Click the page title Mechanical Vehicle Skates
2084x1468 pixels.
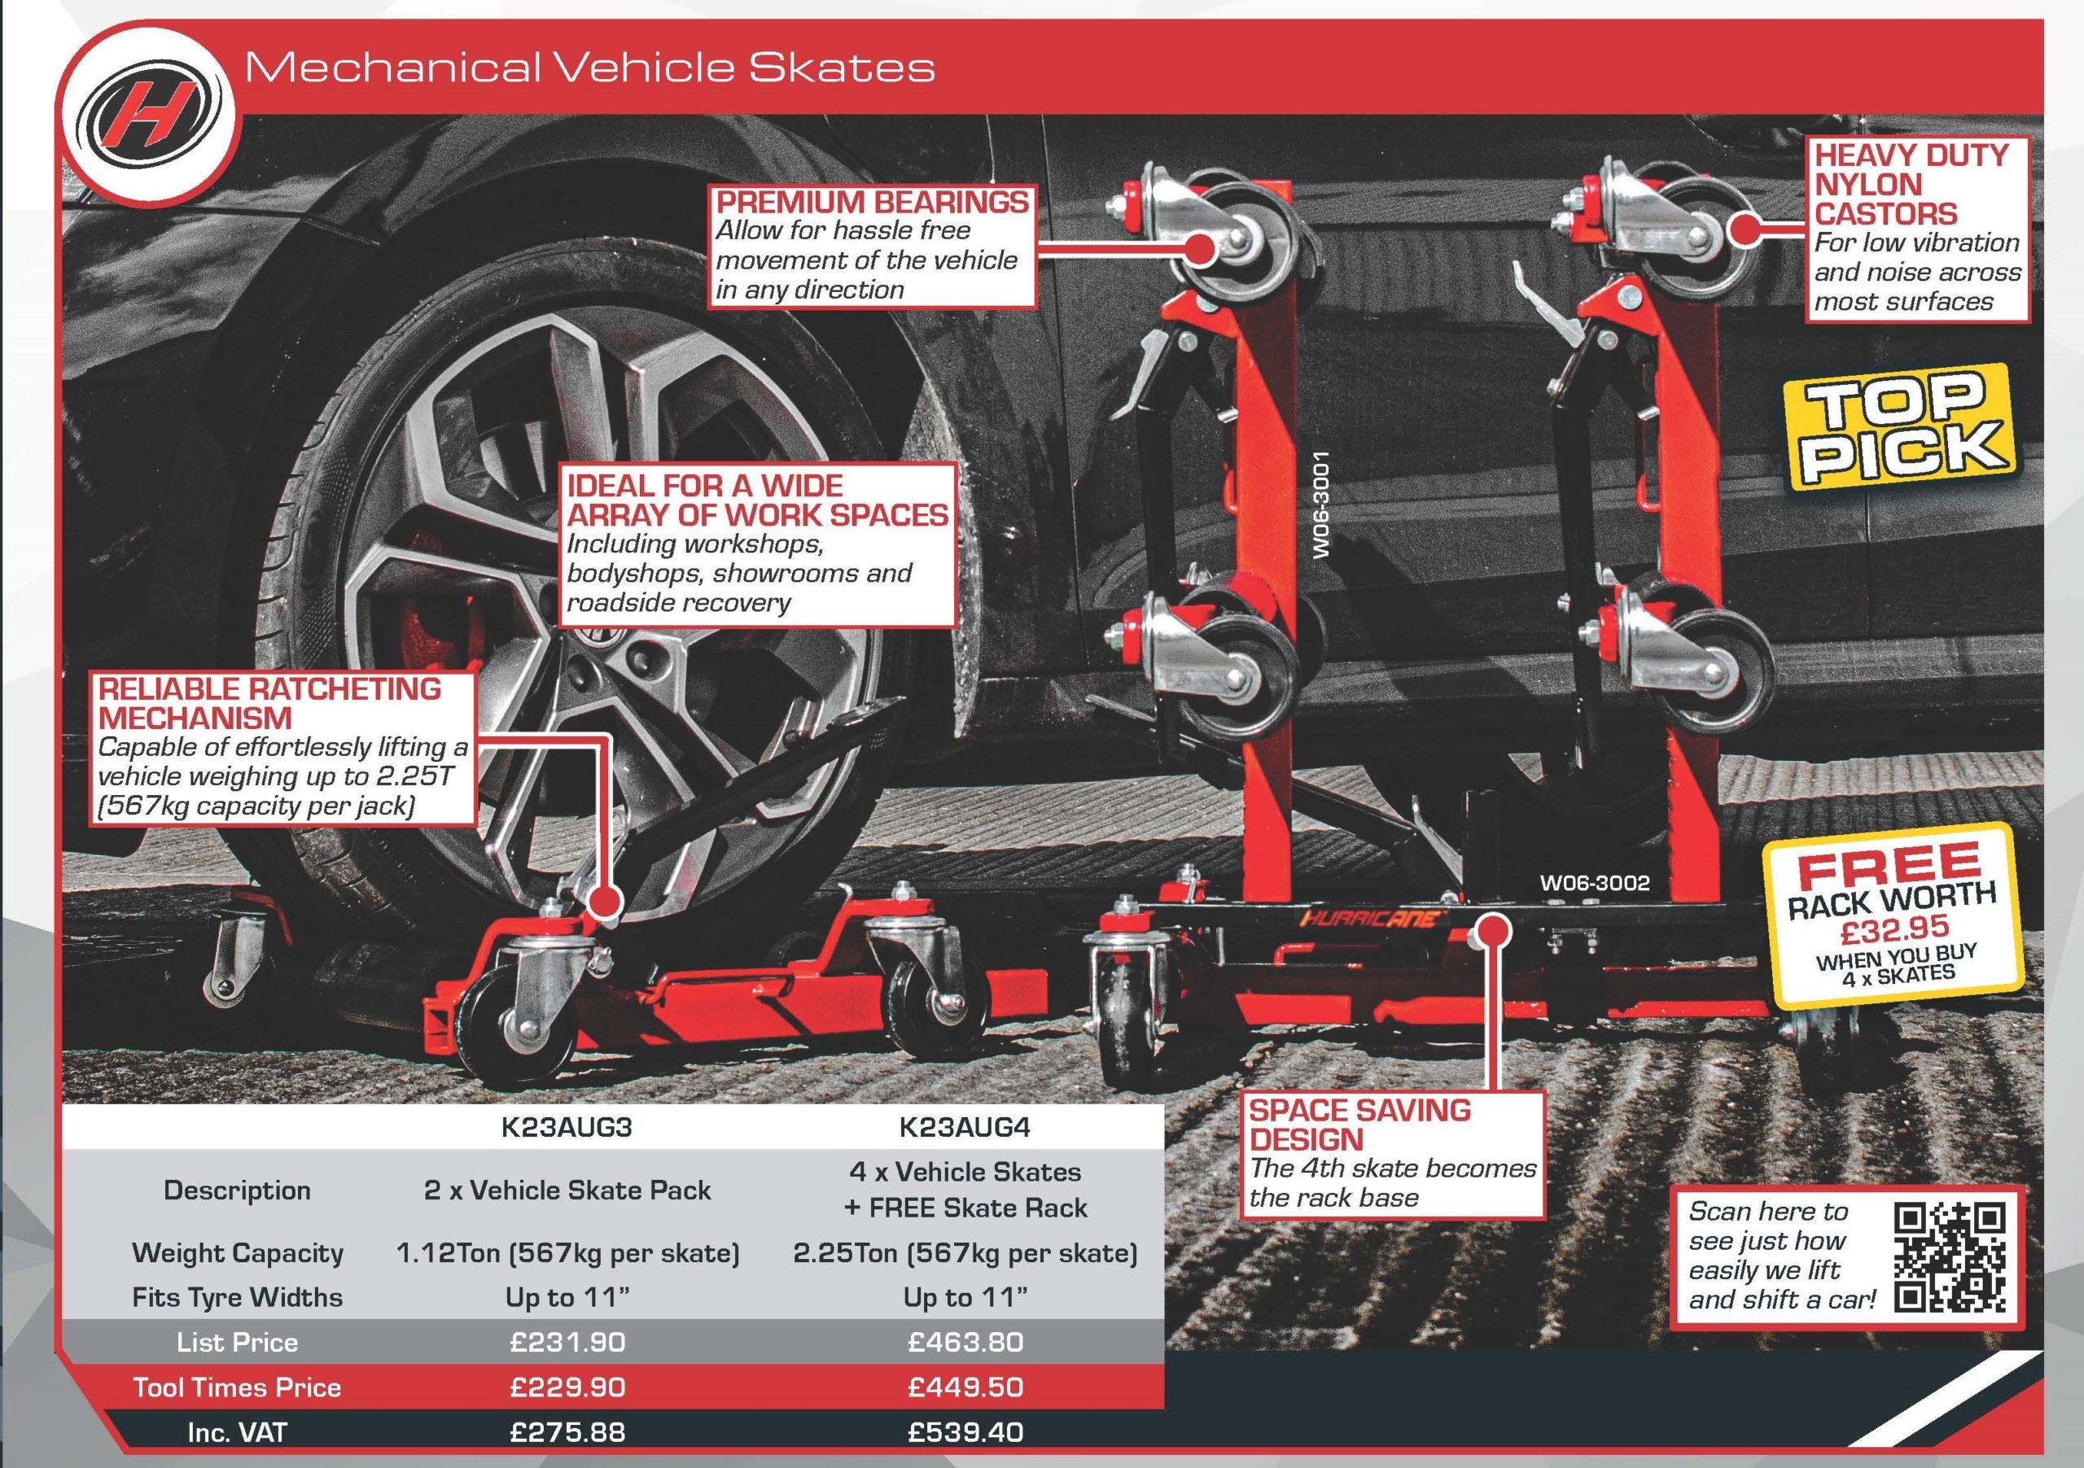click(x=590, y=68)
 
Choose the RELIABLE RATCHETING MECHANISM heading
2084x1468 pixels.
click(x=269, y=703)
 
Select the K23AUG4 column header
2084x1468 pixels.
click(x=965, y=1127)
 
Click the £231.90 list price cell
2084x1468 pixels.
click(x=567, y=1342)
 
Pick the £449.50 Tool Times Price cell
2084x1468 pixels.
click(x=965, y=1387)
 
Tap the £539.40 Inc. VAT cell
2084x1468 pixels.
click(x=965, y=1433)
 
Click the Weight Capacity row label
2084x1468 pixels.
click(x=238, y=1253)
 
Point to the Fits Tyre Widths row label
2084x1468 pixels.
click(x=238, y=1297)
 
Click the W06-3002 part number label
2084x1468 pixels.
click(x=1595, y=883)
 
